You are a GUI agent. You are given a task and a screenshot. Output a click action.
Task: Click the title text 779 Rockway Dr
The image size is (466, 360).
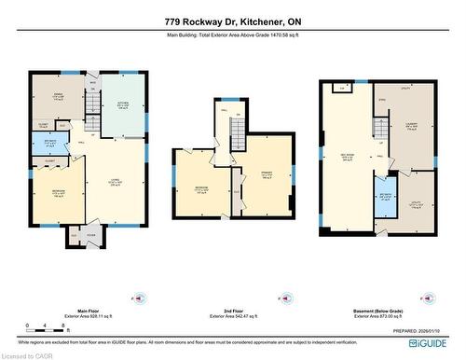tap(233, 21)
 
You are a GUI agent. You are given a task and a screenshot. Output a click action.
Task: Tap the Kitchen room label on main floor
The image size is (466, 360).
tap(122, 105)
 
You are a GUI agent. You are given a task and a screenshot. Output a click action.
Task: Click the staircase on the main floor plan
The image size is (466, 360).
tap(92, 120)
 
